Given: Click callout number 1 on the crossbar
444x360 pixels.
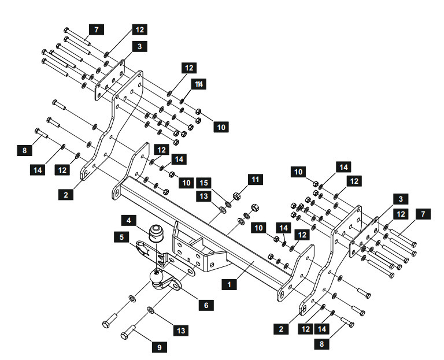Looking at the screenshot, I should (x=230, y=284).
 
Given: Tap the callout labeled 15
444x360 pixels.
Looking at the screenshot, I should (x=203, y=183).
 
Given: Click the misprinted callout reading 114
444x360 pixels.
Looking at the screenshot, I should (x=198, y=84).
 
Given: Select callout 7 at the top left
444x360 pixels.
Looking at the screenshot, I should (x=97, y=29).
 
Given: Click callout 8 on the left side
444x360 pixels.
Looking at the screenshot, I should (x=24, y=150).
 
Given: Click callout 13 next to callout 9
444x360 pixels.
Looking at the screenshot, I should (x=181, y=331).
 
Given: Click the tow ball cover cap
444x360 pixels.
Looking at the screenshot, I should (x=156, y=233).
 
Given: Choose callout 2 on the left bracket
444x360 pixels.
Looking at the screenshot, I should (x=66, y=195).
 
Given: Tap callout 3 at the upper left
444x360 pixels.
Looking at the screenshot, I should (x=139, y=47).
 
